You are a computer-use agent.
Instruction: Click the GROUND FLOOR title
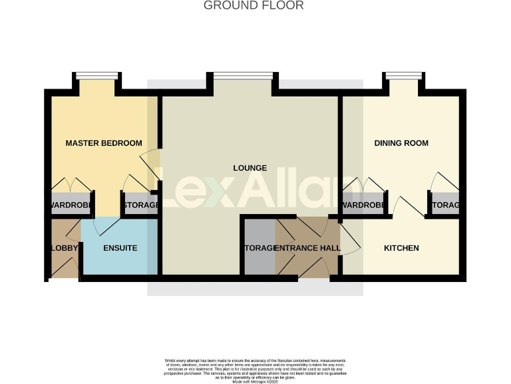tap(254, 6)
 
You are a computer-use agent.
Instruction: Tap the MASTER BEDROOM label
tap(104, 143)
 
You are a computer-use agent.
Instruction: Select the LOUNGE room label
tap(250, 168)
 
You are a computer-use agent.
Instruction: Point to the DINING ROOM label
tap(401, 143)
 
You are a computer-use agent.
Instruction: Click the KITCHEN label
tap(401, 248)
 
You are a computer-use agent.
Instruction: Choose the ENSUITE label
tap(120, 248)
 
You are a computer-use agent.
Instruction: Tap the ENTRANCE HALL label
tap(307, 248)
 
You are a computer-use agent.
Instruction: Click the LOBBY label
tap(65, 248)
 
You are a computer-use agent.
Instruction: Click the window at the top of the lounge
tap(243, 75)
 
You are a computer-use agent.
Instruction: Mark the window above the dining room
tap(403, 75)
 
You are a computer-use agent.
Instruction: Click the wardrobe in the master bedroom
tap(70, 205)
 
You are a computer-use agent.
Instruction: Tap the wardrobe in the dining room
tap(363, 205)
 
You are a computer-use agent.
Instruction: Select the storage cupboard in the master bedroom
tap(140, 205)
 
